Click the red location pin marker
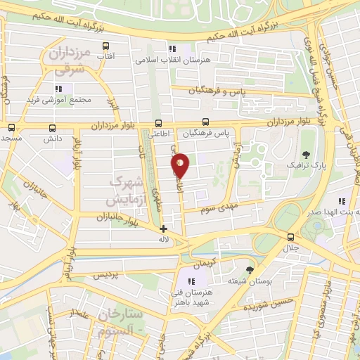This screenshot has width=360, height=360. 180,165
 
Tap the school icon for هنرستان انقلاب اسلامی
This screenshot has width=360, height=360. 172,49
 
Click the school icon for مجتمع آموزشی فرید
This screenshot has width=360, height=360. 59,89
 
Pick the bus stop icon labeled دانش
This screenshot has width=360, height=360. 53,129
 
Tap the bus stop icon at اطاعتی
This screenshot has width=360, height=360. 158,122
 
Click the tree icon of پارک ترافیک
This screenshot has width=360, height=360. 305,154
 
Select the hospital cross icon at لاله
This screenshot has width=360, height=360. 163,229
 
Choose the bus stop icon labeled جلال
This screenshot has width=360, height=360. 290,237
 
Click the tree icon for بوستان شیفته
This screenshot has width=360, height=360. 250,270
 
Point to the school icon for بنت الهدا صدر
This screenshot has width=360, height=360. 342,201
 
